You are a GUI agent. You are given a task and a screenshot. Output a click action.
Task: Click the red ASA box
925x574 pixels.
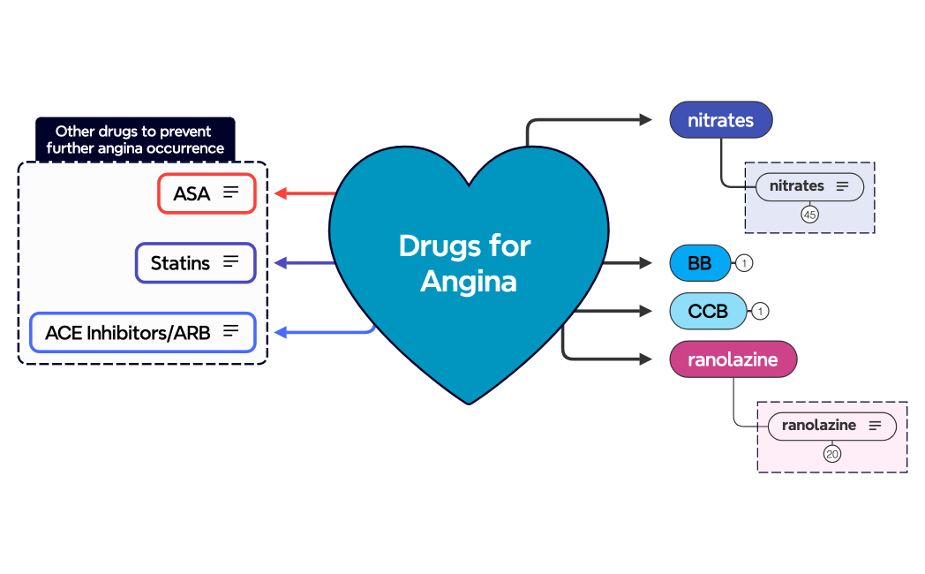pos(207,193)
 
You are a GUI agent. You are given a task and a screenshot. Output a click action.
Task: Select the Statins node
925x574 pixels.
pos(195,262)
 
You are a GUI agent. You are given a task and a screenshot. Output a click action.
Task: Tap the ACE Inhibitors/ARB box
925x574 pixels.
pos(143,332)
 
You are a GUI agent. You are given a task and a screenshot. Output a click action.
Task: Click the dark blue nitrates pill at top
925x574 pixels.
pos(720,120)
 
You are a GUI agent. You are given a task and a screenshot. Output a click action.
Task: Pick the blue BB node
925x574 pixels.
pos(700,262)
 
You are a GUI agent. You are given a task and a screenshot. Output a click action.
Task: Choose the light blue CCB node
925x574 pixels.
pos(708,311)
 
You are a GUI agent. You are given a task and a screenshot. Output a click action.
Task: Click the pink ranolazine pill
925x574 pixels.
pos(733,359)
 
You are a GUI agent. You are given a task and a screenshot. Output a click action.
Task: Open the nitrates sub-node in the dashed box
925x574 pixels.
pos(808,186)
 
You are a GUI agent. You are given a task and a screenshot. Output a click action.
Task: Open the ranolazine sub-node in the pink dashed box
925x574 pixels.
pos(831,426)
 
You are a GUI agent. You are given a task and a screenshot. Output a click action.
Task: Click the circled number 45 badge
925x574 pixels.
pos(809,214)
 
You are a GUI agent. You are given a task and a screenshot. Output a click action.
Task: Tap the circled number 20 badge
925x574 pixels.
pos(831,454)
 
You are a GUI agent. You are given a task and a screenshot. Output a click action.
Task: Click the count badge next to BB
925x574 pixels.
pos(743,263)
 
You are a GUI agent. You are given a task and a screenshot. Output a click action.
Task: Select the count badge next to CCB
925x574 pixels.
pos(759,311)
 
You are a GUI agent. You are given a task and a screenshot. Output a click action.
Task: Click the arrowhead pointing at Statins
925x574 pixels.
pos(281,262)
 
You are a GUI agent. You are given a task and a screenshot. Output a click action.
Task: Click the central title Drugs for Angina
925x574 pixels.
pos(465,263)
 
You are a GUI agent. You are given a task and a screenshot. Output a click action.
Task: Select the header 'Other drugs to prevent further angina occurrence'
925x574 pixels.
pos(134,140)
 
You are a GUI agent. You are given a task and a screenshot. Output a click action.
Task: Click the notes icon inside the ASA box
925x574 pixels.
pos(231,193)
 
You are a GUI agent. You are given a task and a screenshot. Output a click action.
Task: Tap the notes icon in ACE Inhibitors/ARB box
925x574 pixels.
pos(231,331)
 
